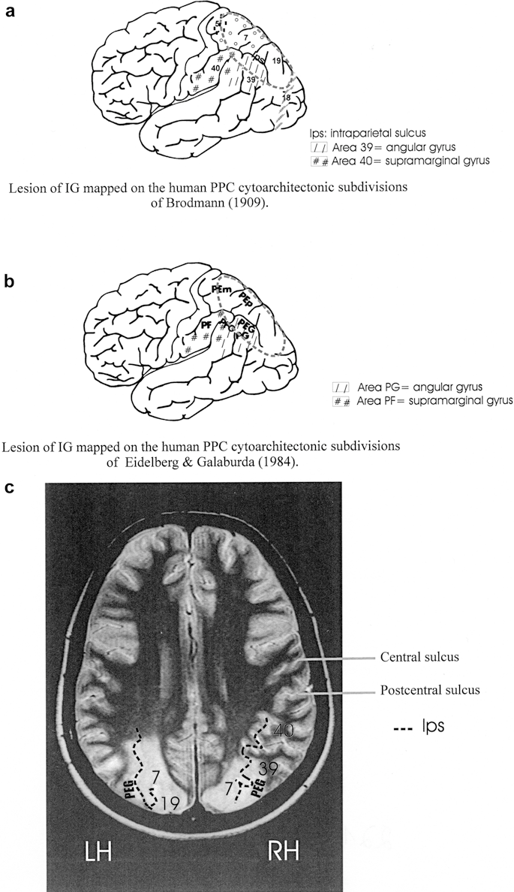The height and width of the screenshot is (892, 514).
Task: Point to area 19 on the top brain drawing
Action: tap(276, 60)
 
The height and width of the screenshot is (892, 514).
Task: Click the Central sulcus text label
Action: tap(419, 657)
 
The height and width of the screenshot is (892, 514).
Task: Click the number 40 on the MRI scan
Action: tap(284, 729)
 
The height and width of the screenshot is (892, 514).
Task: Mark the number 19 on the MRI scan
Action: tap(169, 803)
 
